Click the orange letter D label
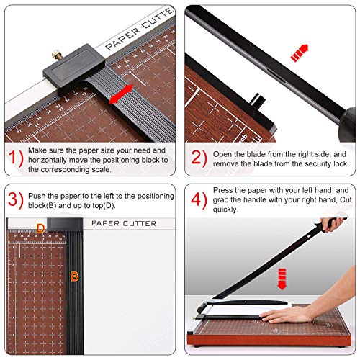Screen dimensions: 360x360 coord(41,229)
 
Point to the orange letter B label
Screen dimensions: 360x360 coord(74,275)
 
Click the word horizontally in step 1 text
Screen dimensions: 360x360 coord(53,160)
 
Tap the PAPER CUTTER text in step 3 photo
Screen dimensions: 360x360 coord(123,223)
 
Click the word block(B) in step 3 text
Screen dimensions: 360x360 coord(45,206)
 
